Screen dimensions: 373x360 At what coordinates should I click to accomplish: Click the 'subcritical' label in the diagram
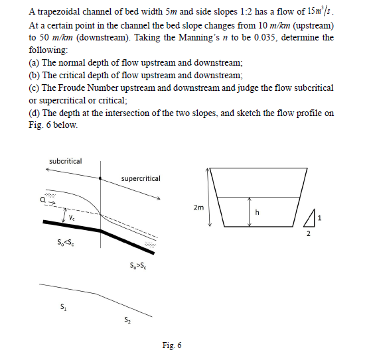66,161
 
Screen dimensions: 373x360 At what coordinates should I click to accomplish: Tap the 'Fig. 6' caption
171,345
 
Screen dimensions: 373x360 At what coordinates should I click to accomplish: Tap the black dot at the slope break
100,178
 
